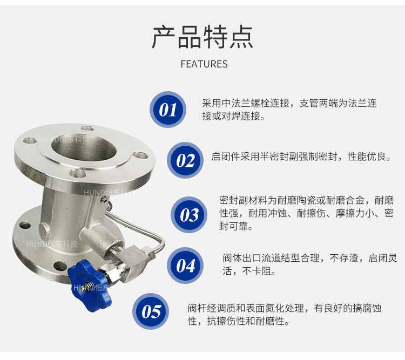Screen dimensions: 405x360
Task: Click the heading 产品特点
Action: point(202,37)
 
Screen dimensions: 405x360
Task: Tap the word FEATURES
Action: point(204,64)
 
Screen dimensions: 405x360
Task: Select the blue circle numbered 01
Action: point(168,110)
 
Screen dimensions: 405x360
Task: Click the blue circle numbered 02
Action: point(185,160)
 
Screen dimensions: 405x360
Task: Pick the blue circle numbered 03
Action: point(189,215)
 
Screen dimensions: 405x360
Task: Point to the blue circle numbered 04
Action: point(185,266)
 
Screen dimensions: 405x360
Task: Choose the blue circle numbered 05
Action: point(151,311)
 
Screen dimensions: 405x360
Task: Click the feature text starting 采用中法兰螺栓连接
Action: point(289,110)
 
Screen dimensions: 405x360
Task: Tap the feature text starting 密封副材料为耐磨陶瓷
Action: point(307,213)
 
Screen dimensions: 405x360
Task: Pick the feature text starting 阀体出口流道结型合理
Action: point(310,264)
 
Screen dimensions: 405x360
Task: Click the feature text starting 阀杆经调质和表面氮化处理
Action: point(285,315)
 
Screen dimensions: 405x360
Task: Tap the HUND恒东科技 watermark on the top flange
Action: point(64,139)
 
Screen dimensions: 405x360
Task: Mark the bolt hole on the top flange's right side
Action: point(140,155)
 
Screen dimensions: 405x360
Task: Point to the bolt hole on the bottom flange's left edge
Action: point(25,225)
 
